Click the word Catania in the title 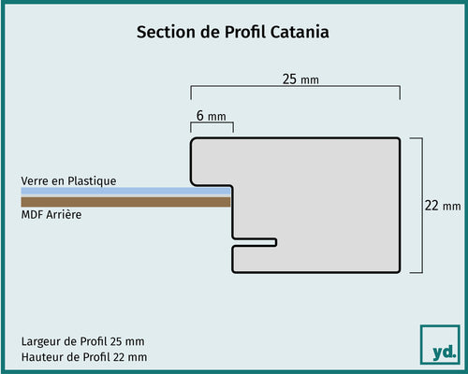(300, 32)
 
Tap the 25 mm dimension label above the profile (300, 79)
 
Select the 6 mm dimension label (212, 116)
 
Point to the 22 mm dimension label (443, 206)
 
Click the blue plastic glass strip (125, 191)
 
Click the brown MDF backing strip (125, 202)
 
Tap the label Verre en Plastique (68, 181)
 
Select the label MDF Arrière (51, 214)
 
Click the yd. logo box (440, 344)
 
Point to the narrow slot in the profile (255, 242)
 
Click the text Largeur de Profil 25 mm (82, 341)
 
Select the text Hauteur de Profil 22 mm (84, 357)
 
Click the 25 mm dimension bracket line (296, 86)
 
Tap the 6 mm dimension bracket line (212, 123)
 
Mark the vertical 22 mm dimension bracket (422, 205)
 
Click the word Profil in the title (245, 32)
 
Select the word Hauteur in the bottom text (42, 357)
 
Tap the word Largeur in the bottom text (42, 341)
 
